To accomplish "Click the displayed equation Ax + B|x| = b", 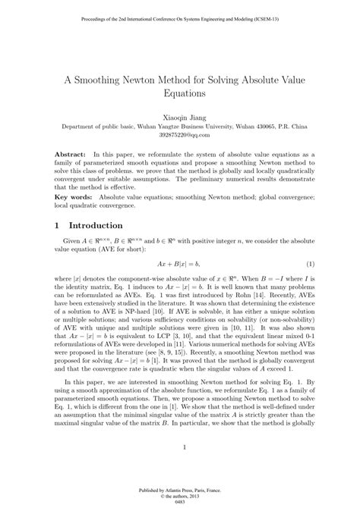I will (x=180, y=263).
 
